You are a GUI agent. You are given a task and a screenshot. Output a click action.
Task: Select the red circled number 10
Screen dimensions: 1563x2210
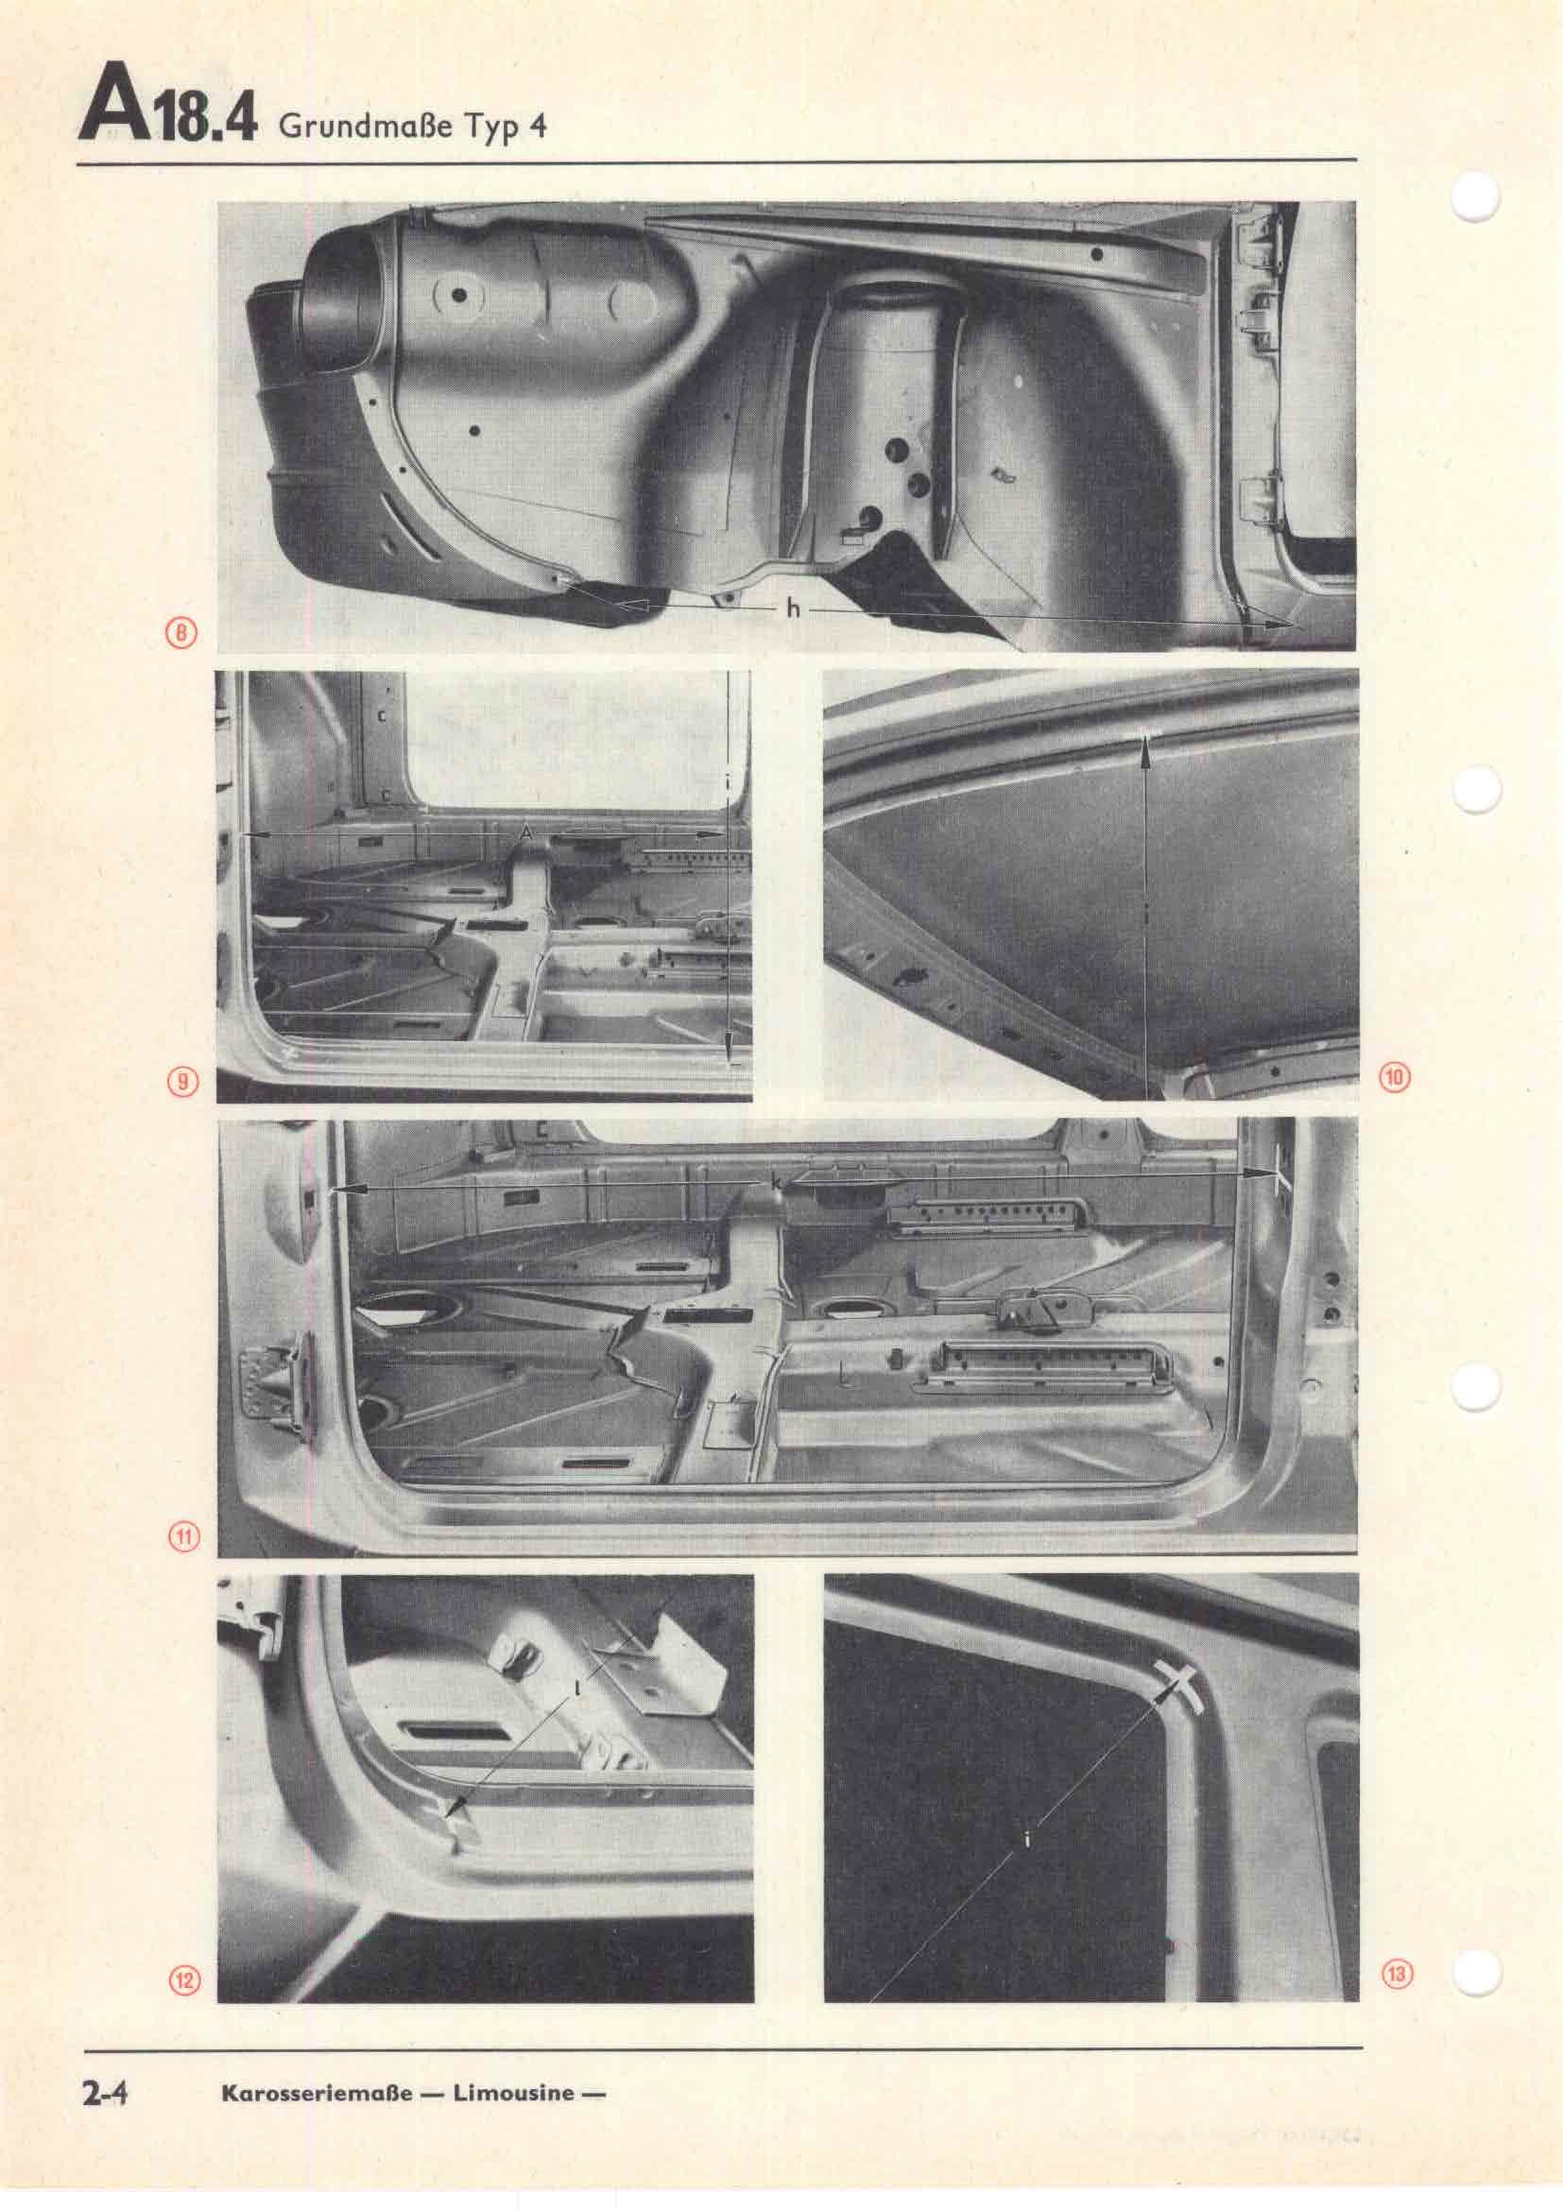pyautogui.click(x=1395, y=1077)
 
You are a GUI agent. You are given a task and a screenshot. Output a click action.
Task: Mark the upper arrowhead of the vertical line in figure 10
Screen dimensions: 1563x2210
pyautogui.click(x=1145, y=748)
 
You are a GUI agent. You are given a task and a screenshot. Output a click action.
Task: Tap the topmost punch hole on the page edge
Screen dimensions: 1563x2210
pyautogui.click(x=1475, y=200)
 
